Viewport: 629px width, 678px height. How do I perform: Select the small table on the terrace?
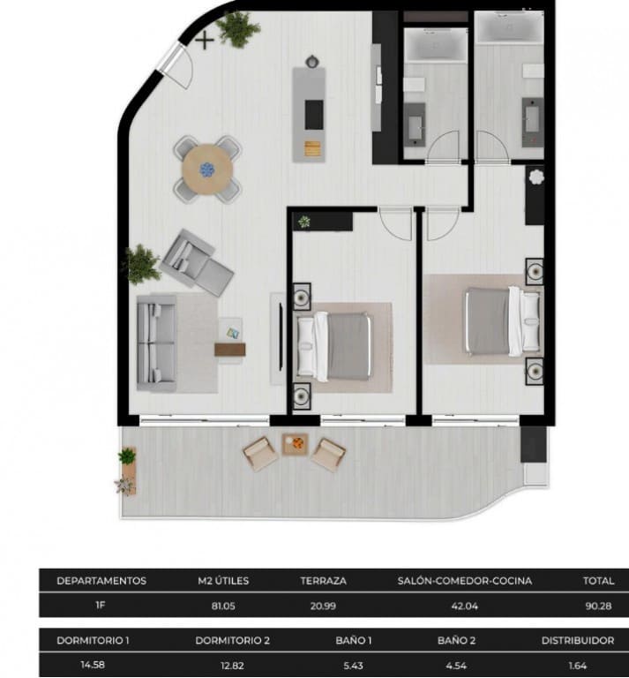pos(295,444)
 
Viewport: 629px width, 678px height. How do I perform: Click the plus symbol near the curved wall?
pos(205,39)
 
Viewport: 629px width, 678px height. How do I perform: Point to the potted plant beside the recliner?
pos(140,264)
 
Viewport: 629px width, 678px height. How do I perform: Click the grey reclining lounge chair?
pos(196,262)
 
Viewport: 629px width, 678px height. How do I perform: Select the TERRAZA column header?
pos(323,581)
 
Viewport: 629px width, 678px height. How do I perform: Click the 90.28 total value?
pos(598,606)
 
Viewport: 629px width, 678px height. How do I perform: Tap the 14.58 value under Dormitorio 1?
pos(92,666)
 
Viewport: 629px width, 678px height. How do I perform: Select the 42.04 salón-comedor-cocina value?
pos(465,606)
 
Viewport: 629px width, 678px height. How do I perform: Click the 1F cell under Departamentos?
pos(101,606)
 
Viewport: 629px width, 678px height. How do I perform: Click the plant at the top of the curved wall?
pos(238,29)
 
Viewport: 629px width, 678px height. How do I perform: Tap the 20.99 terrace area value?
pos(323,606)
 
